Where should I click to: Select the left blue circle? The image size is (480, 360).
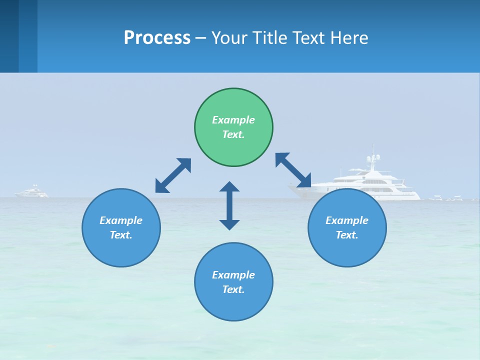coord(121,227)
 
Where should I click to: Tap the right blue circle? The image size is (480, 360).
coord(347,227)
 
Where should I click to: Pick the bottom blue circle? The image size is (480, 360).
coord(233,282)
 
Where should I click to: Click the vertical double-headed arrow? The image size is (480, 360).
coord(229,205)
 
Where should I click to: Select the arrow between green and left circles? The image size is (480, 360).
coord(173,175)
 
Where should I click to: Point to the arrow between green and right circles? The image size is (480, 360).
coord(293,170)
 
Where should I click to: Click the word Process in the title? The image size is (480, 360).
coord(157,38)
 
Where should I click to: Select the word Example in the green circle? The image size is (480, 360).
coord(233,120)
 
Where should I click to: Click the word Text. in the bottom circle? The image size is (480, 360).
coord(233,289)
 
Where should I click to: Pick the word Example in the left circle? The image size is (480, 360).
coord(121,220)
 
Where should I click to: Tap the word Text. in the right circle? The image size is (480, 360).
coord(347,235)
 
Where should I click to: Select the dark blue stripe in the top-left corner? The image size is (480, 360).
coord(9,36)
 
